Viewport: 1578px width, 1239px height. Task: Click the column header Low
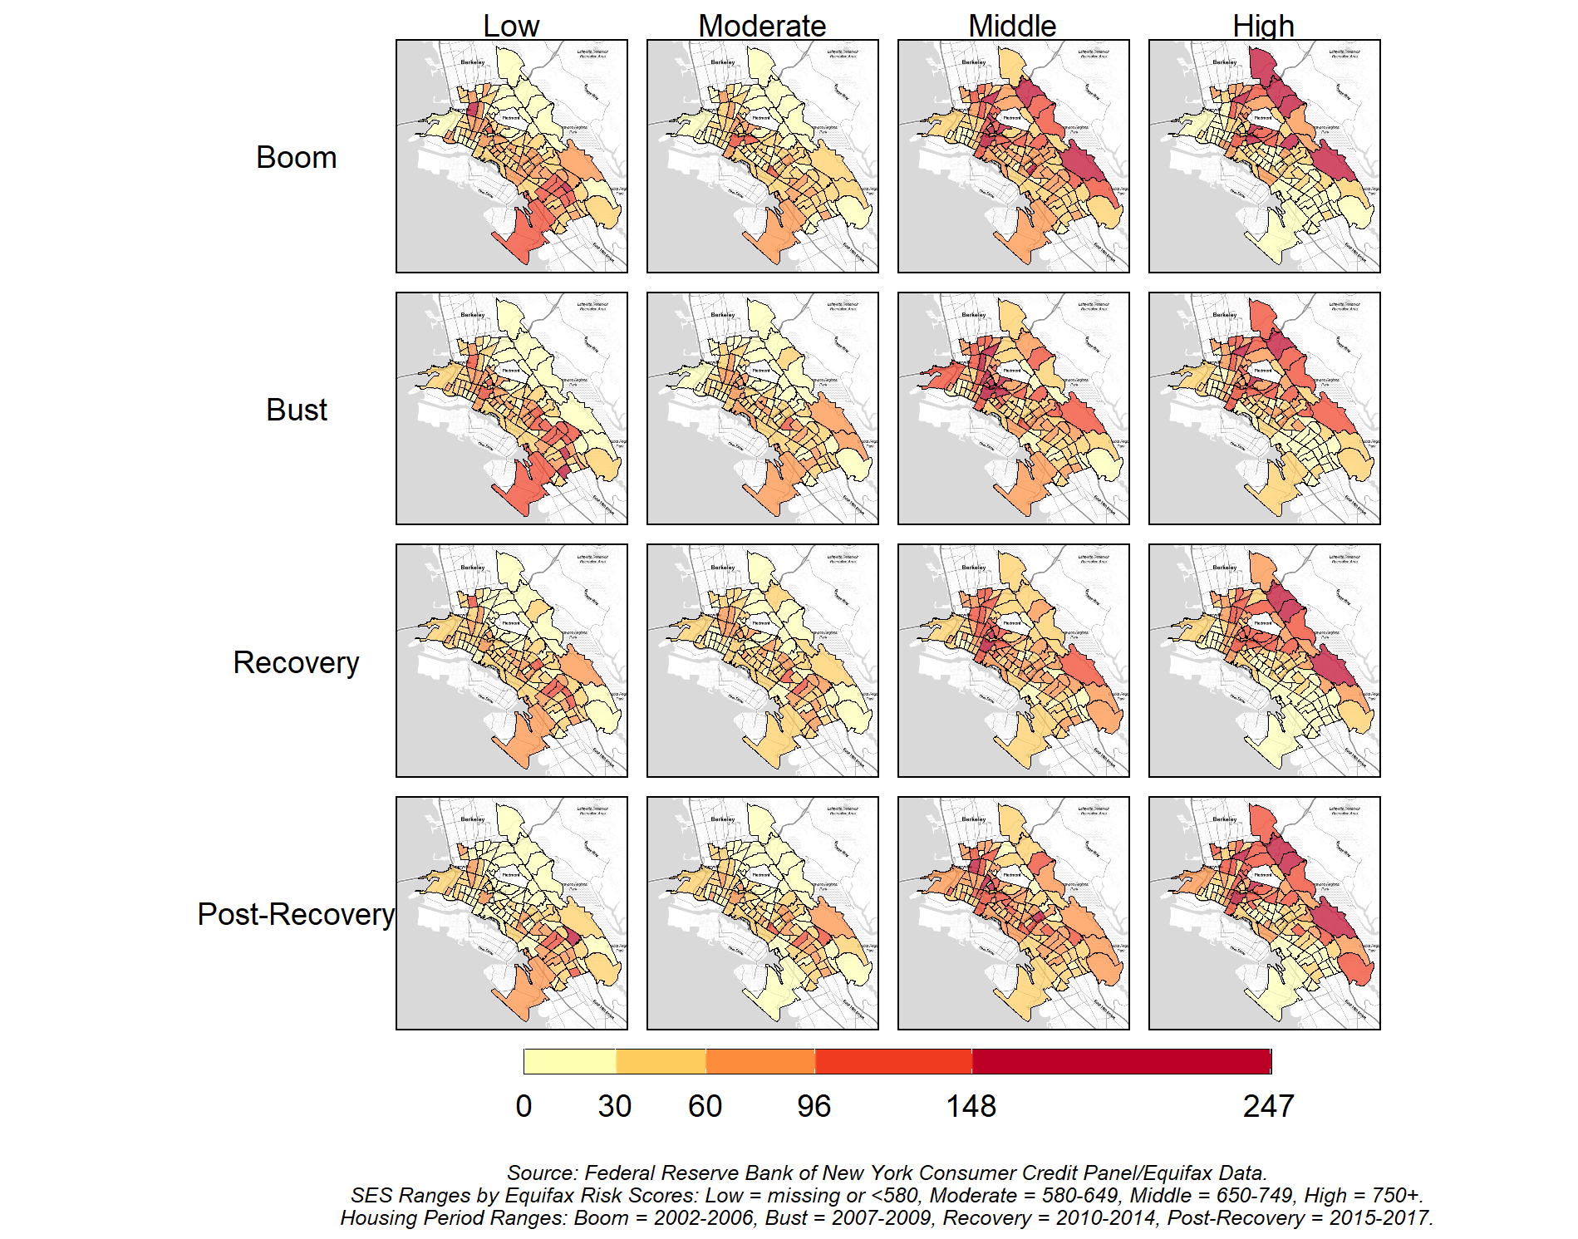point(511,26)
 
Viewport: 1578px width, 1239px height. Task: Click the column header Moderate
point(762,26)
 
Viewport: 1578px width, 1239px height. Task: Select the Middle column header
point(1012,26)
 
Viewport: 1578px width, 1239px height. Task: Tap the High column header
point(1263,26)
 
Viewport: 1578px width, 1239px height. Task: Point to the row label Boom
point(296,158)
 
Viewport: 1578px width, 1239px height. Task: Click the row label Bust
point(297,410)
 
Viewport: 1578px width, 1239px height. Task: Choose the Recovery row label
point(296,662)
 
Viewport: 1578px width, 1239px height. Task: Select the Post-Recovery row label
point(296,914)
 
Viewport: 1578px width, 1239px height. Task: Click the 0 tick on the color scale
point(524,1106)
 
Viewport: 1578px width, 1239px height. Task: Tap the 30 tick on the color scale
point(615,1106)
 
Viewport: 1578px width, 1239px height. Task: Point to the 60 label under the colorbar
point(705,1106)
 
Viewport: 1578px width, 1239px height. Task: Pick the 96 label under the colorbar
point(814,1106)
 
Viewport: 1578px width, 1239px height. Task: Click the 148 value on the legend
point(971,1106)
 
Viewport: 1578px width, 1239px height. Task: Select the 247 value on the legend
point(1268,1106)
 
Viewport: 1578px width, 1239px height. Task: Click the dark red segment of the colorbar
point(1121,1061)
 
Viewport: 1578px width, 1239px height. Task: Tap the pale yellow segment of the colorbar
point(570,1061)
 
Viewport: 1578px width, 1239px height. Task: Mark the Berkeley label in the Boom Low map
point(473,62)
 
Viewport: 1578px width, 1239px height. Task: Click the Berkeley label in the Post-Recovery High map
point(1225,819)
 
